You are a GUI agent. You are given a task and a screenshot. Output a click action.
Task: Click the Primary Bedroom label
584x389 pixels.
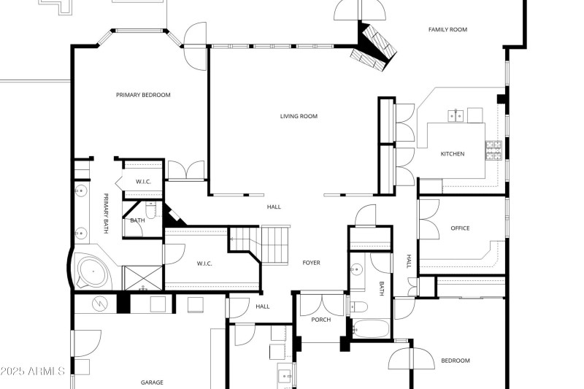143,95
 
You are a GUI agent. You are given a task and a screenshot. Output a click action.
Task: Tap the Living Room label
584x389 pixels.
299,116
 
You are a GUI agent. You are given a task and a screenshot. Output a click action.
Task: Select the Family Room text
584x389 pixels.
447,30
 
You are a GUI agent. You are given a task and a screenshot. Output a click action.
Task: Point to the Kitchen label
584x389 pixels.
452,154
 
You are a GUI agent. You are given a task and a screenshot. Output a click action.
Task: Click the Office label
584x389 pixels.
460,228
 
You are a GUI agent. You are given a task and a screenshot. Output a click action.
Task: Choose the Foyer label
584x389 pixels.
311,263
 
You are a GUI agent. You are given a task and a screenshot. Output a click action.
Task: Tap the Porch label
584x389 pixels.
320,320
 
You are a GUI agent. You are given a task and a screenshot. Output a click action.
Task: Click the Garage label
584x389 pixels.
152,382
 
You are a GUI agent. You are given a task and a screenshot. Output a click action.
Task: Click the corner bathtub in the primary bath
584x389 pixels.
92,271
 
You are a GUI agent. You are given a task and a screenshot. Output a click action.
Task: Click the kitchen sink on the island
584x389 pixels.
456,115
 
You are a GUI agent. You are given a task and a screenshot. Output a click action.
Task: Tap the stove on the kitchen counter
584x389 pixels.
493,150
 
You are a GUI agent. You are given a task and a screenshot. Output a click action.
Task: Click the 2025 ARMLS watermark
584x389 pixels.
33,371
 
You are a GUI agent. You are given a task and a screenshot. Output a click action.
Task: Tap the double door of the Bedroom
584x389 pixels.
411,358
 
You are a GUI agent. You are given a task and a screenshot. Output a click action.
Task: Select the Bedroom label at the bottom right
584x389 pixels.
456,361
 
